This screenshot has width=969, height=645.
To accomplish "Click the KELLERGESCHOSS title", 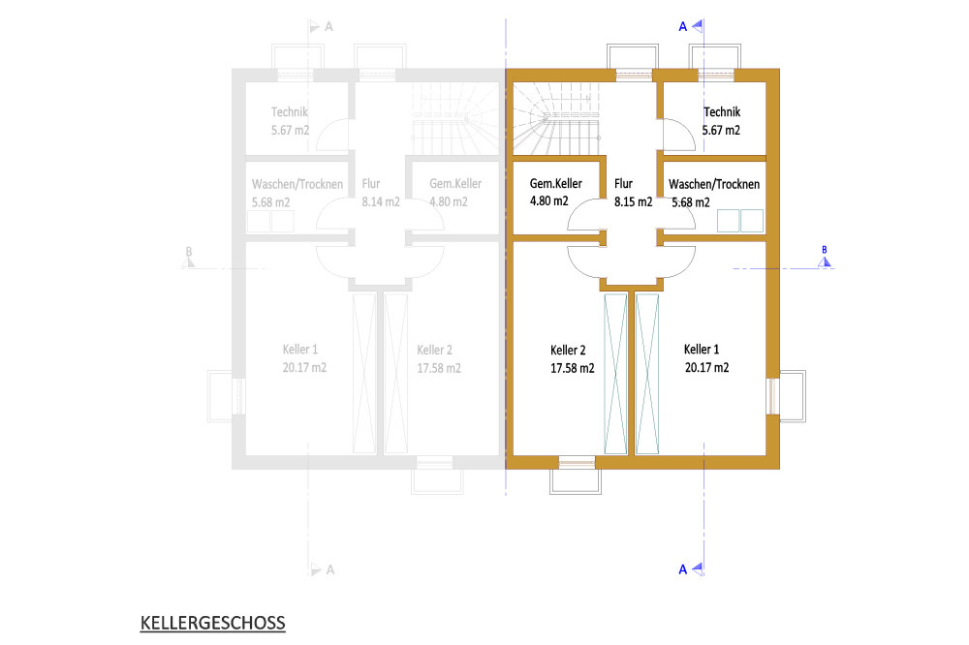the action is pyautogui.click(x=212, y=623).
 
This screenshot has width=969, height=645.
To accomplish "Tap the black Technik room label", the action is pyautogui.click(x=722, y=111).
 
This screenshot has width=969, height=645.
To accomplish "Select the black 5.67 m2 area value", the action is pyautogui.click(x=721, y=131).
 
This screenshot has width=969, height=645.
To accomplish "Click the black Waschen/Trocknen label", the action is pyautogui.click(x=714, y=184).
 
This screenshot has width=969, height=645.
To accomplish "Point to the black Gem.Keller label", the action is pyautogui.click(x=555, y=183).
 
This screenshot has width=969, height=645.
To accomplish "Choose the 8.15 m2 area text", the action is pyautogui.click(x=633, y=202).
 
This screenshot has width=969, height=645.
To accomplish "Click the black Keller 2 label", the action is pyautogui.click(x=568, y=351).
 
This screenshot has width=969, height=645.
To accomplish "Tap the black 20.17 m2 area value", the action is pyautogui.click(x=706, y=368).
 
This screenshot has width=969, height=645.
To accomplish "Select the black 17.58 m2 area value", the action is pyautogui.click(x=573, y=369).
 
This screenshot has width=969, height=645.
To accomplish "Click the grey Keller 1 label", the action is pyautogui.click(x=300, y=350).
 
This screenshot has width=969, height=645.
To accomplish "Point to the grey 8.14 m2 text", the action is pyautogui.click(x=381, y=202).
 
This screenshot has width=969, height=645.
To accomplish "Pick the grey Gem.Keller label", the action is pyautogui.click(x=455, y=183).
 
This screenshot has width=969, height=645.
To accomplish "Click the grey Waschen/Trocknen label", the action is pyautogui.click(x=297, y=184).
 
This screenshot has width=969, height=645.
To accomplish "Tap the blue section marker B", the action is pyautogui.click(x=825, y=258).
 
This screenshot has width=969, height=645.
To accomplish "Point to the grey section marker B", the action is pyautogui.click(x=189, y=258).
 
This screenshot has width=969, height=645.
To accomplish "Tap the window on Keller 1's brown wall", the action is pyautogui.click(x=773, y=396).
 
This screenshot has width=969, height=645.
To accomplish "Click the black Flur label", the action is pyautogui.click(x=623, y=183).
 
